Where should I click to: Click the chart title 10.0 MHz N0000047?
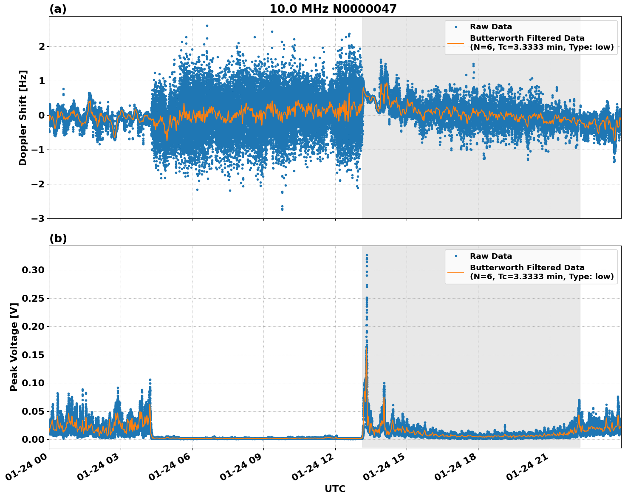click(333, 9)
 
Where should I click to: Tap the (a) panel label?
click(58, 9)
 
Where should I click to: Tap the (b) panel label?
click(58, 238)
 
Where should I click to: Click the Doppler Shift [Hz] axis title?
click(23, 118)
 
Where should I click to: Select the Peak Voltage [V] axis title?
click(14, 347)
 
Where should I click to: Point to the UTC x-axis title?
click(335, 489)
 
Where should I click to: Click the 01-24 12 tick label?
click(315, 469)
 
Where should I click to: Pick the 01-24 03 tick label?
click(100, 469)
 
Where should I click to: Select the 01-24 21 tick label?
click(529, 469)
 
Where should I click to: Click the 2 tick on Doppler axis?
click(42, 46)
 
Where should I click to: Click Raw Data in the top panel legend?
click(491, 27)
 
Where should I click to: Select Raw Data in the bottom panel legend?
click(491, 256)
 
